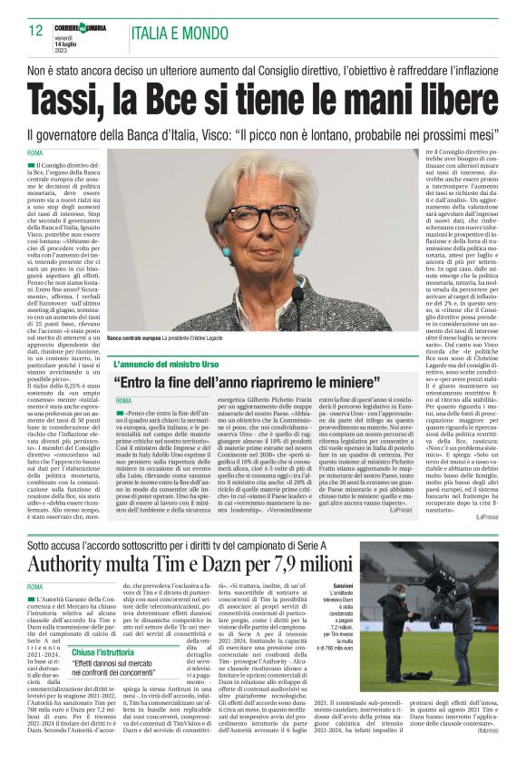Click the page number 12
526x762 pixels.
pyautogui.click(x=36, y=31)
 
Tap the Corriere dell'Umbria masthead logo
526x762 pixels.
pyautogui.click(x=83, y=29)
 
